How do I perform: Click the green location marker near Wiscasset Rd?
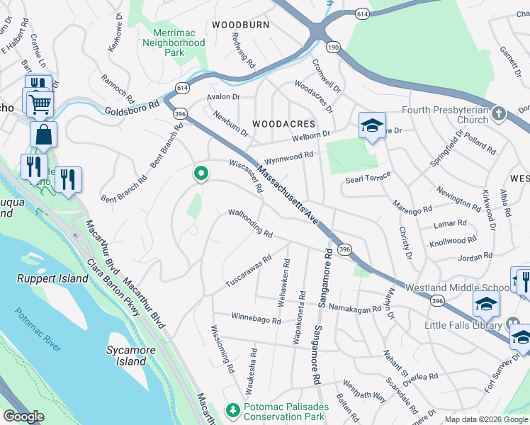point(201,173)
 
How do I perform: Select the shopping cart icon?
point(40,105)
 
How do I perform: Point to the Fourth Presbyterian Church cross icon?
point(500,114)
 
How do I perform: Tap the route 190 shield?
point(332,47)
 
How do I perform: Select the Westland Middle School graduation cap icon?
point(486,303)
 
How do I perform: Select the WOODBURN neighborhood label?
point(240,24)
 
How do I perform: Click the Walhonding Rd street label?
point(250,222)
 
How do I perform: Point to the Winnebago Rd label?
point(256,319)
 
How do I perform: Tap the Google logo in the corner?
point(24,416)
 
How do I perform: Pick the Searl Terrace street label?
point(368,181)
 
